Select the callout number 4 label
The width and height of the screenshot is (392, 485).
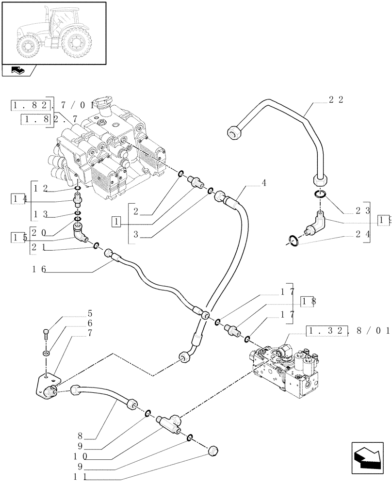pos(263,183)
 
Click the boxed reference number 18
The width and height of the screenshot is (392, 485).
pos(309,301)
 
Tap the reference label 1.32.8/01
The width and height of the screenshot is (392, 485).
pos(348,331)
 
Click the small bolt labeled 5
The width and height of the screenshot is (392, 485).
pos(46,334)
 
